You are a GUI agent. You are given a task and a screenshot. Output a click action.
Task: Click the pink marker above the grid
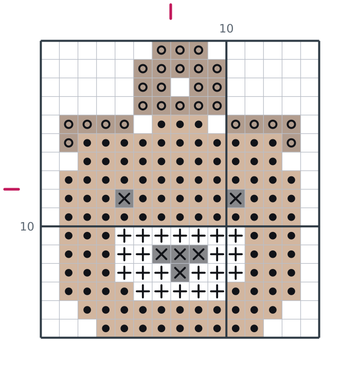tap(171, 11)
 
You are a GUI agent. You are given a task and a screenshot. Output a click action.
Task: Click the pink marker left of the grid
tap(12, 189)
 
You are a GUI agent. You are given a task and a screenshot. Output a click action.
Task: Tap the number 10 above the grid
tap(226, 29)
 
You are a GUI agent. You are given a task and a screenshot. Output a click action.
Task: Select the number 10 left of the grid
tap(27, 227)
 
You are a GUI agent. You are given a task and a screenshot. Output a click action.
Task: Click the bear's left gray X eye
tap(124, 198)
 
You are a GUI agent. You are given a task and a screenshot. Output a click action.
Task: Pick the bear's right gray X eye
tap(236, 198)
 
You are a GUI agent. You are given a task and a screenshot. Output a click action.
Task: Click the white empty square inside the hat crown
tap(180, 87)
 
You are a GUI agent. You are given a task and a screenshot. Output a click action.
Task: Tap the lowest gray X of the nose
tap(180, 273)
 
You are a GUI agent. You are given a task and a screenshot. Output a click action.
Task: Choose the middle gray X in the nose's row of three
tap(180, 254)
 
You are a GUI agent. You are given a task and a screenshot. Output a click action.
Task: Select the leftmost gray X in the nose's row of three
tap(161, 254)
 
